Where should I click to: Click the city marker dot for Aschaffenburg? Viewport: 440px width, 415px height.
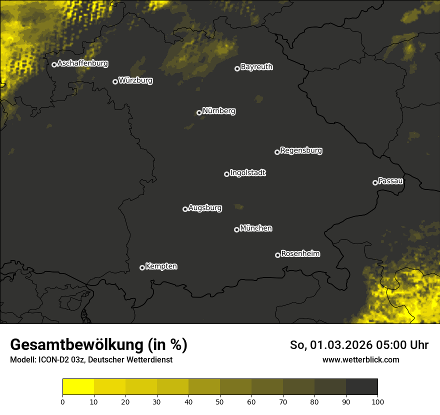(54, 64)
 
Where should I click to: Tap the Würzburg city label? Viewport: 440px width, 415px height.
(135, 80)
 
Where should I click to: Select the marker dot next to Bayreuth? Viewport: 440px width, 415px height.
(237, 68)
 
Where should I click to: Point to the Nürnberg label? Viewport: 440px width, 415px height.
(219, 111)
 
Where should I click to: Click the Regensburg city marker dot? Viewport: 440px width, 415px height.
(277, 152)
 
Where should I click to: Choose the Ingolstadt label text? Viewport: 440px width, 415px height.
(248, 173)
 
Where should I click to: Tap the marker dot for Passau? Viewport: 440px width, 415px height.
(375, 182)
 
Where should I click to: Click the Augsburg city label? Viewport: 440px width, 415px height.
(205, 207)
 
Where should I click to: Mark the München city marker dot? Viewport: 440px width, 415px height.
(236, 229)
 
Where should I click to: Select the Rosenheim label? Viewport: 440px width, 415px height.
(300, 253)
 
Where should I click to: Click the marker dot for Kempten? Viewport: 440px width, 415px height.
(142, 267)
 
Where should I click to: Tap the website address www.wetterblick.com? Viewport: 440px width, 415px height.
(360, 359)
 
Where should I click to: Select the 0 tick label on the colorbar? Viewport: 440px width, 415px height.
(62, 401)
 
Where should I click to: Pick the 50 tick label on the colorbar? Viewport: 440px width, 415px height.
(220, 401)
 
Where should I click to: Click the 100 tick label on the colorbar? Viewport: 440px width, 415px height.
(377, 401)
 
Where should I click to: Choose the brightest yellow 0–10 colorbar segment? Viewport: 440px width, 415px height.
(78, 386)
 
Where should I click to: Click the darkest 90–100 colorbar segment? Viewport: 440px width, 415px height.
(361, 386)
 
